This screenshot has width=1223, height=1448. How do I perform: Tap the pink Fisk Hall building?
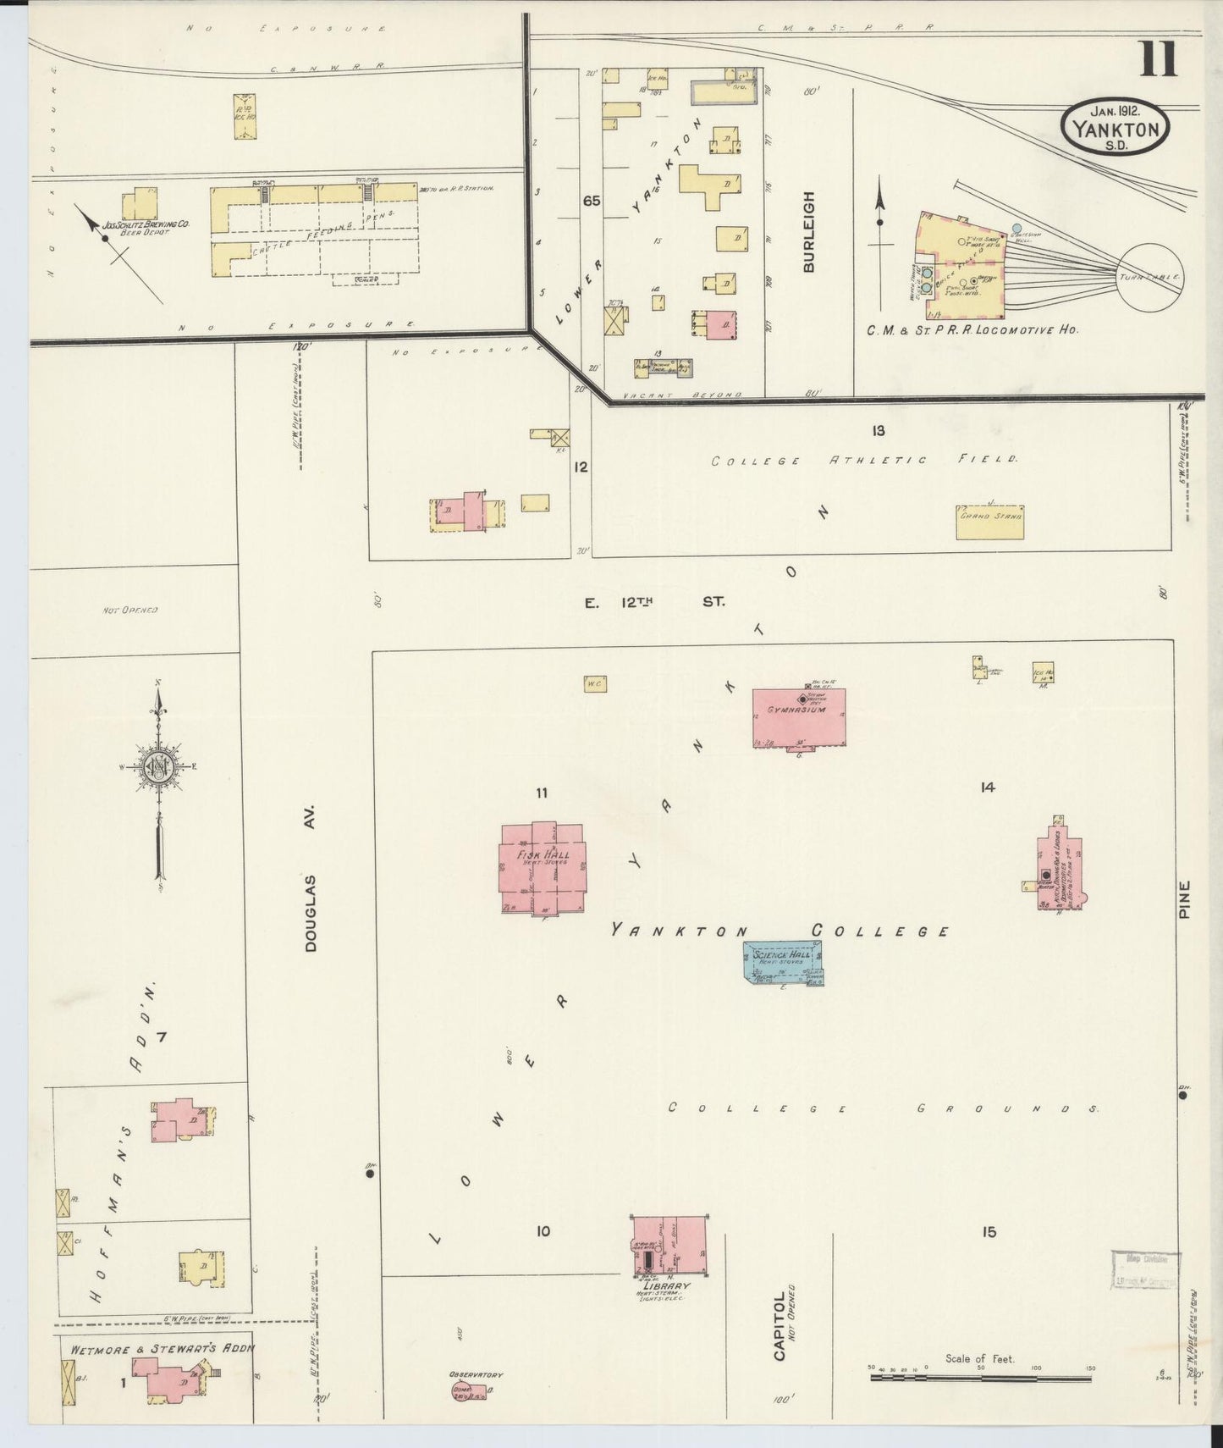coord(542,868)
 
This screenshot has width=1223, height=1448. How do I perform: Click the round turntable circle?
coord(1149,276)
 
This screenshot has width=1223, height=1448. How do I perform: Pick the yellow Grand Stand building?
coord(989,522)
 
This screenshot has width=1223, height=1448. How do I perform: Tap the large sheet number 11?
coord(1159,58)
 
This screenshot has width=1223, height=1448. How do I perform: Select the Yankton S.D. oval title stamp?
coord(1116,125)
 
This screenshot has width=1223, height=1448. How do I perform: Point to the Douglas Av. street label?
coord(311,878)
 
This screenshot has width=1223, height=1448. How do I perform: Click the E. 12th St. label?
coord(654,603)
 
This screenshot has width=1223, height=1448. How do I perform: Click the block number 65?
coord(591,201)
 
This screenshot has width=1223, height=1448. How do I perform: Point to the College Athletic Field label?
coord(863,461)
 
